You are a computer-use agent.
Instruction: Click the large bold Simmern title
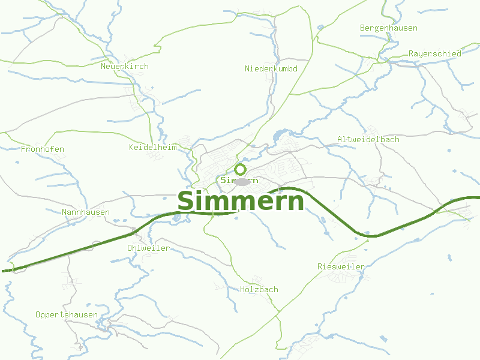coord(241,202)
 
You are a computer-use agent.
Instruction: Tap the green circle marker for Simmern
coord(241,169)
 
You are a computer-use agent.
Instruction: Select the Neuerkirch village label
coord(125,67)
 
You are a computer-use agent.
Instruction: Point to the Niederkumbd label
coord(271,69)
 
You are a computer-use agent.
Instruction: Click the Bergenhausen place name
coord(388,28)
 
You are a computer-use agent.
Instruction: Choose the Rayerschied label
coord(435,53)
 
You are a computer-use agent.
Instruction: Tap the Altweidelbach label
coord(368,139)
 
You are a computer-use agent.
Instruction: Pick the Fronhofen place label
coord(42,149)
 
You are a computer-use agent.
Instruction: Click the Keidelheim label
coord(153,147)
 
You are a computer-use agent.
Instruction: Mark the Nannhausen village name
coord(86,212)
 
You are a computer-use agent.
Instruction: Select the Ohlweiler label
coord(148,248)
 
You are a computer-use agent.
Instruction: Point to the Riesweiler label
coord(341,266)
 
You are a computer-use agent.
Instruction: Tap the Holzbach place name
coord(259,290)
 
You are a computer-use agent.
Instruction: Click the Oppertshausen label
coord(67,314)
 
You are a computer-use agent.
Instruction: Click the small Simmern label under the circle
coord(239,180)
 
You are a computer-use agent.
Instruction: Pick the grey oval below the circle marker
coord(242,182)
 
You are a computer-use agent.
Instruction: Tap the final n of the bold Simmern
coord(296,203)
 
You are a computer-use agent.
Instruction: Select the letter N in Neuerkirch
coord(104,67)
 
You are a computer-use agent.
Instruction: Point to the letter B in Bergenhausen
coord(362,28)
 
